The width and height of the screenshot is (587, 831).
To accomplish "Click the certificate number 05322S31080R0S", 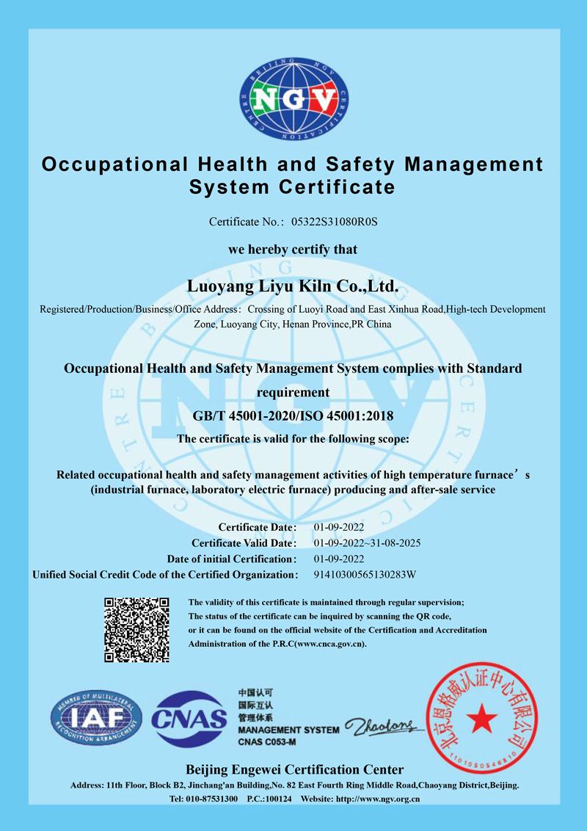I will [339, 221].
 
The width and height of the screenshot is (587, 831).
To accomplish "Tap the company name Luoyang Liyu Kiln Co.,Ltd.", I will [293, 284].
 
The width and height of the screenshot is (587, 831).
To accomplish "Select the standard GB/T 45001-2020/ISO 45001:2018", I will [293, 416].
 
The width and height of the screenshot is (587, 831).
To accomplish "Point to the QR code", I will [137, 630].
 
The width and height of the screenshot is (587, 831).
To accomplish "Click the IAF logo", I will [95, 718].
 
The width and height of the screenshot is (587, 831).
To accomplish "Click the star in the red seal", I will [481, 715].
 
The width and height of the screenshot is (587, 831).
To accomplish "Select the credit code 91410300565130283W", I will [365, 574].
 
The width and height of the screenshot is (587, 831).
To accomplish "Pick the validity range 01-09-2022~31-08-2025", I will [367, 543].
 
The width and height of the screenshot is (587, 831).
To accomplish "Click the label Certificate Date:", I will [258, 527].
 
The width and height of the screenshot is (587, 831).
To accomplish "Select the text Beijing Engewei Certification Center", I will [294, 769].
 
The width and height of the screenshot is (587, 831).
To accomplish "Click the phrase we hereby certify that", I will [293, 250].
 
